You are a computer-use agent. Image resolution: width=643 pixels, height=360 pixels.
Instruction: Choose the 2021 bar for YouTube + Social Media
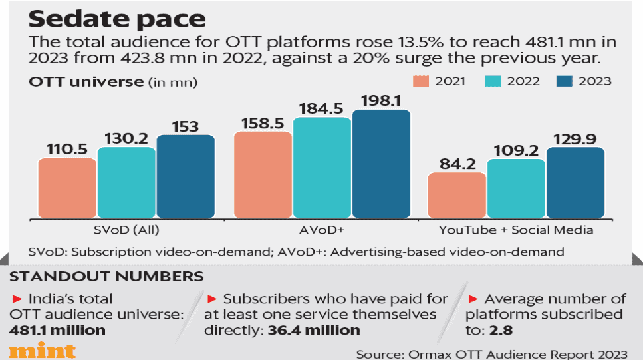456,196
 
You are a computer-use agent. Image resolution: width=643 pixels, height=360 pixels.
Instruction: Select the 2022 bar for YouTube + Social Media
515,189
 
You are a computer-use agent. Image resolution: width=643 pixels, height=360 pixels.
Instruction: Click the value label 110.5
67,149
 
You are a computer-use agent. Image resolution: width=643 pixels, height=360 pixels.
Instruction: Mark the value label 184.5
322,108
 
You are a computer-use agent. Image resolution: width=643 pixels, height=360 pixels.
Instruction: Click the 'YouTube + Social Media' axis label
515,230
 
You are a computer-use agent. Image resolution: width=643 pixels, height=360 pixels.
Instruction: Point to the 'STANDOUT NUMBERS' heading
106,276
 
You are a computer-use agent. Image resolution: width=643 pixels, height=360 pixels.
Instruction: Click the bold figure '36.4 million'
313,329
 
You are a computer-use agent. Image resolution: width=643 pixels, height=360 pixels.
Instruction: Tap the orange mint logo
41,351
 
